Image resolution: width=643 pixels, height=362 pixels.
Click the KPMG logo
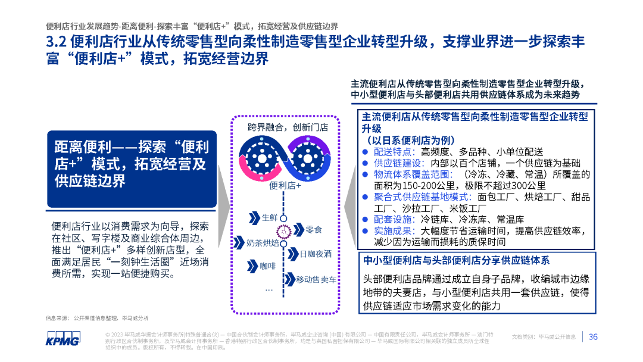pos(63,337)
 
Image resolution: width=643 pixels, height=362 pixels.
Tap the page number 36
pos(593,337)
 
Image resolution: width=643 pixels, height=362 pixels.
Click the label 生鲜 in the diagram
pos(270,216)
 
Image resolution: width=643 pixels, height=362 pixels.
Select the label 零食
pos(314,230)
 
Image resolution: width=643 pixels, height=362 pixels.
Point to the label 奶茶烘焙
pos(263,242)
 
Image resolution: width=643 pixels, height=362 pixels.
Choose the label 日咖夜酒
pos(316,254)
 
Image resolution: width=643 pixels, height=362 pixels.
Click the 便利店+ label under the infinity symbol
pos(285,185)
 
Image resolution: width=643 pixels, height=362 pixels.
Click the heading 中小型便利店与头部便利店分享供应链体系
pos(456,260)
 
